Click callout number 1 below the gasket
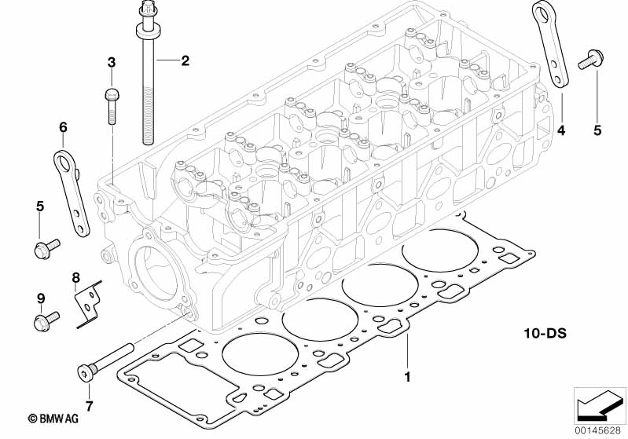[x=407, y=376]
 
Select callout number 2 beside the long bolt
[x=185, y=60]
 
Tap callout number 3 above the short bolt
[x=111, y=62]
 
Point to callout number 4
[x=561, y=130]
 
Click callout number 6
[x=64, y=127]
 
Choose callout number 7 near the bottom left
[x=88, y=406]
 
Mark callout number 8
[x=75, y=276]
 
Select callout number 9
[x=39, y=298]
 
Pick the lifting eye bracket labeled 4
[x=552, y=47]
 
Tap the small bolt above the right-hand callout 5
[x=588, y=58]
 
